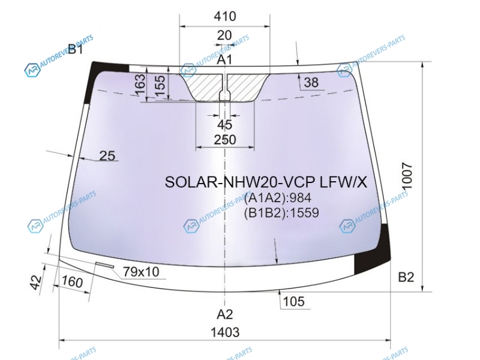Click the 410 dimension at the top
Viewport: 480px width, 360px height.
(x=224, y=16)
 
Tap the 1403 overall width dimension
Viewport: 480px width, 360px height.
(x=225, y=332)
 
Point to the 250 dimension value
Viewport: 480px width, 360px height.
(x=225, y=140)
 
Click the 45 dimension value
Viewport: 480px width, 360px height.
(x=225, y=125)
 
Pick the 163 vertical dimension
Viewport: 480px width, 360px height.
(x=140, y=85)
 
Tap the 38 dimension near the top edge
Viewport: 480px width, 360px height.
(x=311, y=82)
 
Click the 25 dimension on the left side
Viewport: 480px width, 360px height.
(x=107, y=156)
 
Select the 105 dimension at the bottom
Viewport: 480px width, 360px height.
(x=294, y=302)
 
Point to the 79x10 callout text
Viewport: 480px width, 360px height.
(x=141, y=272)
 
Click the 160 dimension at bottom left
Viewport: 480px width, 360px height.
(x=72, y=281)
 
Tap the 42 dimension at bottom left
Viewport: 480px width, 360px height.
(x=36, y=283)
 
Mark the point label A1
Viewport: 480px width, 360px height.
(x=224, y=59)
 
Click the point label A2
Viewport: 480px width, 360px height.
(x=225, y=314)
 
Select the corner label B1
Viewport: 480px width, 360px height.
(x=76, y=49)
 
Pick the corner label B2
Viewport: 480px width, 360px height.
(x=406, y=277)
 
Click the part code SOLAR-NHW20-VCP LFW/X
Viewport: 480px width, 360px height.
(x=266, y=182)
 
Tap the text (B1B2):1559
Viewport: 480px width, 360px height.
(x=281, y=212)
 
